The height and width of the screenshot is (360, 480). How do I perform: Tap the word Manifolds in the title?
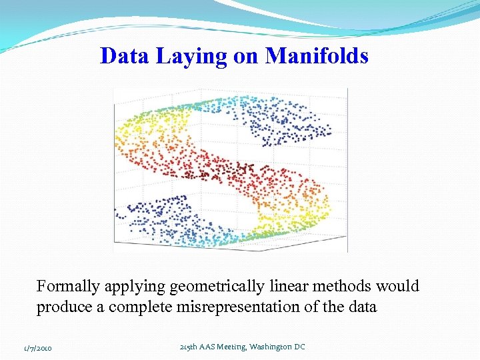point(317,56)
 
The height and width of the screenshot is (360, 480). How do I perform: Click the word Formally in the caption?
point(67,287)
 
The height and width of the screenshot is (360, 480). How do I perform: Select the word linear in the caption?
point(290,286)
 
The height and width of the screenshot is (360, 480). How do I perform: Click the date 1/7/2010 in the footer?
point(37,348)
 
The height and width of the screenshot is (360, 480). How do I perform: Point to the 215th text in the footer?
point(190,347)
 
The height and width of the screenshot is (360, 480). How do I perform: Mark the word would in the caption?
point(398,286)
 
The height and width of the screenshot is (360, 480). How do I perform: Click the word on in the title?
point(245,57)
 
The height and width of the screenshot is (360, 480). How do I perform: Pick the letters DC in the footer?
point(297,347)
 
